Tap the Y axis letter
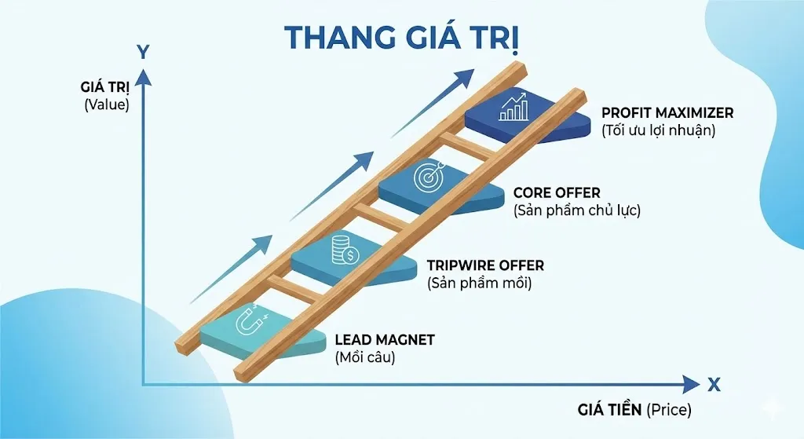click(x=143, y=52)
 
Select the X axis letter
click(x=714, y=384)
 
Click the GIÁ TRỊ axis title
click(x=106, y=87)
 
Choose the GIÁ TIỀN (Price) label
click(x=635, y=409)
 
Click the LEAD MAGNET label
click(x=385, y=340)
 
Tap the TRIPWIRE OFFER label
click(x=484, y=265)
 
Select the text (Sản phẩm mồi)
click(x=479, y=283)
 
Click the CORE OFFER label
click(x=557, y=192)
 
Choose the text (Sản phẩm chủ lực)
click(x=576, y=210)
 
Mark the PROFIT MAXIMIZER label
click(x=667, y=113)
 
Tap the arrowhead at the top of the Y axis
click(x=143, y=75)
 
